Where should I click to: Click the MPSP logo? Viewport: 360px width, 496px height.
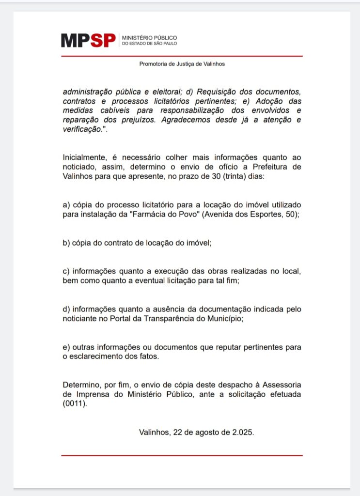coord(88,41)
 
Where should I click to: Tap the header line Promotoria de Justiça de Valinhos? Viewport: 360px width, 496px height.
coord(182,63)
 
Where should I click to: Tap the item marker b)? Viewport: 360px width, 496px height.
coord(67,243)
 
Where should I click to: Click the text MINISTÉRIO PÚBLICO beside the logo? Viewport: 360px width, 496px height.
coord(149,37)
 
